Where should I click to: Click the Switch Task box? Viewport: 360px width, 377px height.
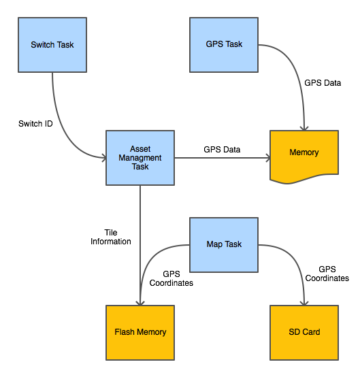52,45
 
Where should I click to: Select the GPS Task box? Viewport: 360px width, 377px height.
224,45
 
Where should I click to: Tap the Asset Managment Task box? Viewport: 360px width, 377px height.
140,158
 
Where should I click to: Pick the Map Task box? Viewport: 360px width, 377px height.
224,245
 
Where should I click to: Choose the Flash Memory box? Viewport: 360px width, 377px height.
140,333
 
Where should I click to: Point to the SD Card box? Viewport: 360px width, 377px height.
304,333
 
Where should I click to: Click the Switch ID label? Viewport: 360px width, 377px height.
35,124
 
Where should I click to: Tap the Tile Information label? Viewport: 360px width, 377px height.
111,237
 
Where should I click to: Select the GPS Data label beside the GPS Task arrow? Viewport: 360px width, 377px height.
323,83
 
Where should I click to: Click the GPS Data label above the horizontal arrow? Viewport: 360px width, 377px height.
222,149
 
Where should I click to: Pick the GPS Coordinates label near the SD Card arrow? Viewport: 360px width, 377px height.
327,274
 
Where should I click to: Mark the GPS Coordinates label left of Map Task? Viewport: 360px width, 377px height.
171,278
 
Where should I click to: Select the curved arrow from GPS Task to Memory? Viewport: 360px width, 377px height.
297,70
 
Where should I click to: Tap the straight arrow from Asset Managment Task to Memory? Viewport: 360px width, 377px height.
223,158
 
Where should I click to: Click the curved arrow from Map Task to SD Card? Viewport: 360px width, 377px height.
297,264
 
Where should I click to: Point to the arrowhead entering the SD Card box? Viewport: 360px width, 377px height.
304,304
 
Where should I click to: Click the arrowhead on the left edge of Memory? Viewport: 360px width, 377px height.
268,158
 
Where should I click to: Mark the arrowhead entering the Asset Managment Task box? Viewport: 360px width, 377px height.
104,158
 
